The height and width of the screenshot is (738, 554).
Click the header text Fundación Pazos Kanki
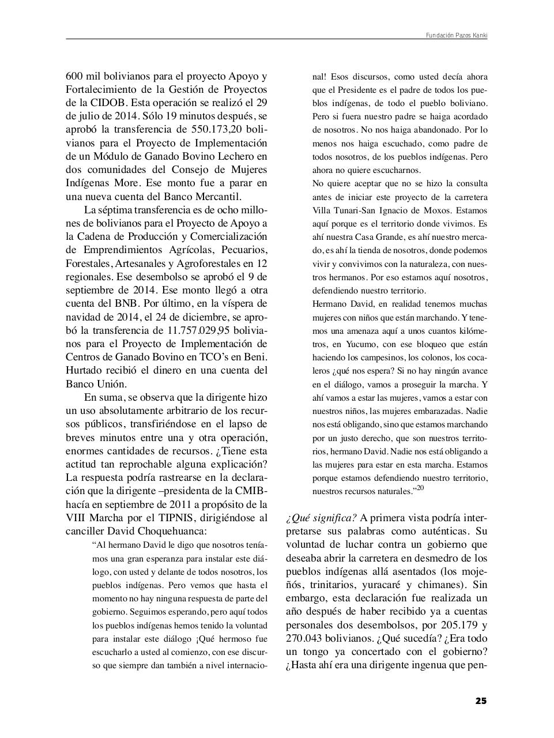[x=456, y=35]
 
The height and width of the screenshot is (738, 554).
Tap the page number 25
[x=481, y=701]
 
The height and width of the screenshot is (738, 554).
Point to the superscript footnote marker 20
[x=420, y=488]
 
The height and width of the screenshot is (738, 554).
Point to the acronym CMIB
[x=250, y=491]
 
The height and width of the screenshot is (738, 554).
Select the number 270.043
[x=310, y=639]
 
